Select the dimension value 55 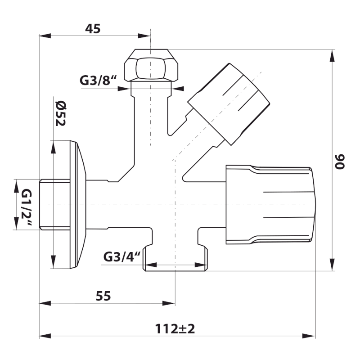coord(103,296)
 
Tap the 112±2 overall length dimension coord(175,328)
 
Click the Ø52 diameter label coord(60,112)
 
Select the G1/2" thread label coord(27,205)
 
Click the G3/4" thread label coord(122,256)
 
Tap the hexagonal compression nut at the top coord(151,66)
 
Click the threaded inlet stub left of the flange coord(54,205)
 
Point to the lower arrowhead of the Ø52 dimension coord(54,263)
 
